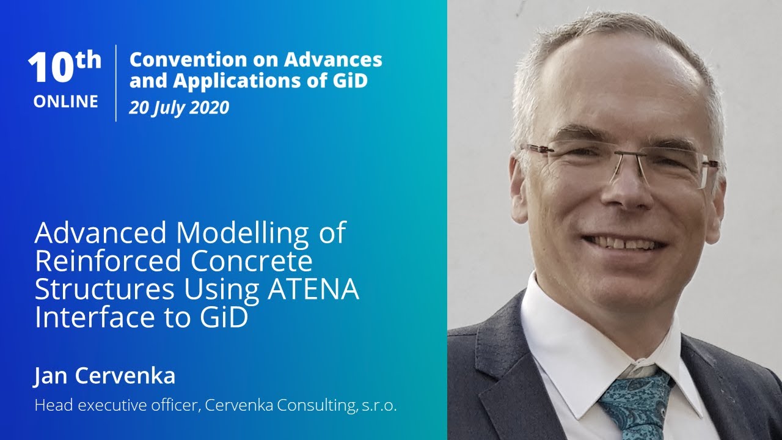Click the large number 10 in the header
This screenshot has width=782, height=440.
coord(52,68)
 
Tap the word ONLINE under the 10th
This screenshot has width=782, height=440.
coord(66,101)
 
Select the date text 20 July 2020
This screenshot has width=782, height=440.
coord(179,108)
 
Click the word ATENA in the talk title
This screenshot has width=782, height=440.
coord(313,290)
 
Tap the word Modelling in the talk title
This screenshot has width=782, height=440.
coord(242,233)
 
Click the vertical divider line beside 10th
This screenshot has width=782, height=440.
coord(116,83)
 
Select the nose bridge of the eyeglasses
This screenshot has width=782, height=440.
coord(617,155)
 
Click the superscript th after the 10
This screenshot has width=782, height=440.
coord(89,60)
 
